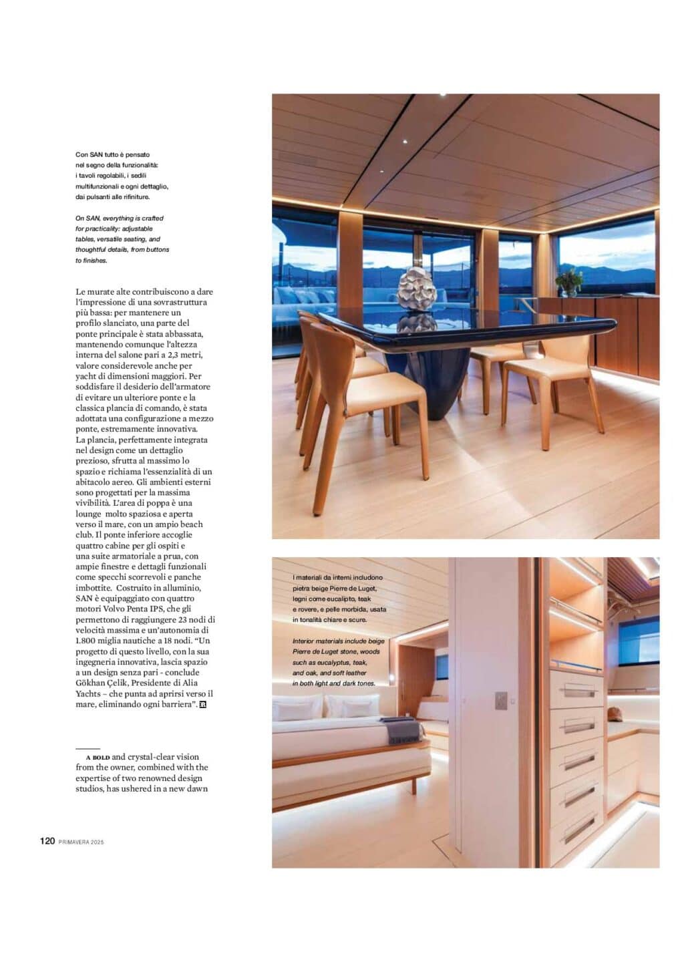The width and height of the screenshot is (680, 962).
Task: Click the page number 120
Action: [47, 841]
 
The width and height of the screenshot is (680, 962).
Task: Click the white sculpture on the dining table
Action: [417, 289]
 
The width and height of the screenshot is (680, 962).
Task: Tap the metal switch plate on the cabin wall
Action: [501, 701]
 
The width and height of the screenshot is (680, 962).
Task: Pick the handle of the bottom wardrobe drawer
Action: [578, 829]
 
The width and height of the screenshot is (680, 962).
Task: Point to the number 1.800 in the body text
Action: [87, 641]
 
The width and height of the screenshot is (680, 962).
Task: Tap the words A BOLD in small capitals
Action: [98, 758]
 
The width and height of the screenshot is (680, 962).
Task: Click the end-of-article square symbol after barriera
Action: [202, 704]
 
